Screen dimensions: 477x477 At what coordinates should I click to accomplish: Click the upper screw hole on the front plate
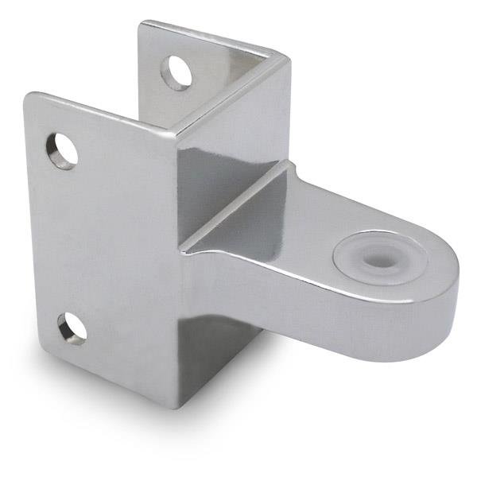pos(62,150)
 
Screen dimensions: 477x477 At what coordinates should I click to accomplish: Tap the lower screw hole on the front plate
pos(72,328)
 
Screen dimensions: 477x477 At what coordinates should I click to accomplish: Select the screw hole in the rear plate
pos(177,72)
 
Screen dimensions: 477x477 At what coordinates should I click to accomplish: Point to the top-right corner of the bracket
pos(288,56)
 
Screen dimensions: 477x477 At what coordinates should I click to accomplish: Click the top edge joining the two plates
pos(231,91)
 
